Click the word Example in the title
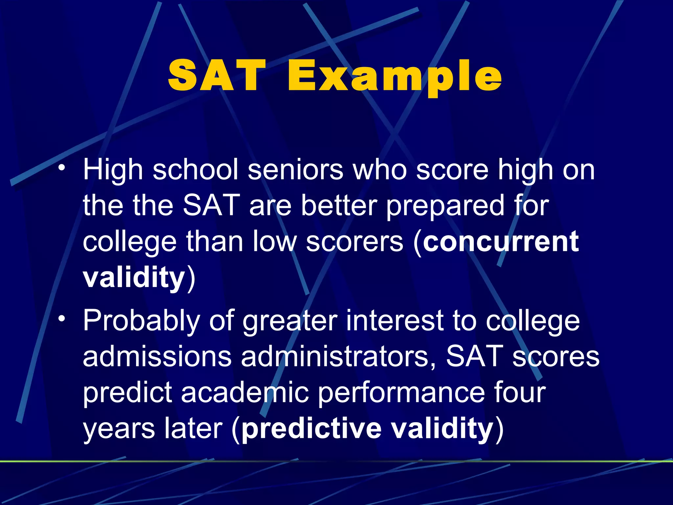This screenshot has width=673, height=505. coord(394,76)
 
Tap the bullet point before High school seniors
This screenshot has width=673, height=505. coord(61,168)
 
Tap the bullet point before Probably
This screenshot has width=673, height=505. coord(61,319)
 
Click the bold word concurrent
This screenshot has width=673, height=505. coord(500,242)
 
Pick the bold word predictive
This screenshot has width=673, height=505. coord(312,428)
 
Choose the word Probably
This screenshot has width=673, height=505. coord(141,321)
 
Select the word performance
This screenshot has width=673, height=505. coord(402,393)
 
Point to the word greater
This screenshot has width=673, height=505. coord(290,322)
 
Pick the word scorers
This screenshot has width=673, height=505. coord(354,242)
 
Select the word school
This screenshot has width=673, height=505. coord(195,170)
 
